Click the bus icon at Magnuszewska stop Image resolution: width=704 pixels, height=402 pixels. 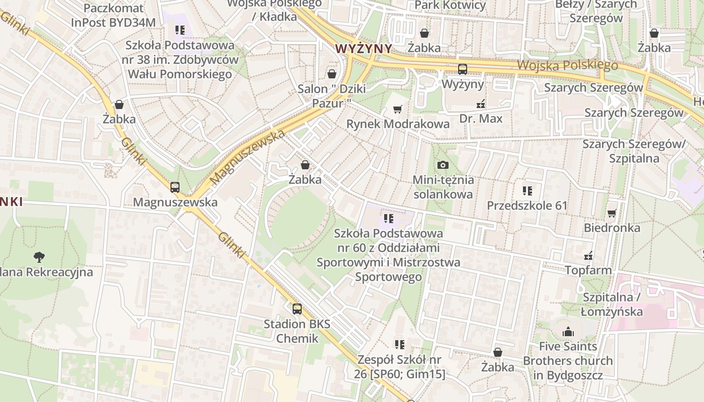tap(175, 187)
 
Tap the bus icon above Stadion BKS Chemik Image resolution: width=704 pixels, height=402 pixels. tap(297, 309)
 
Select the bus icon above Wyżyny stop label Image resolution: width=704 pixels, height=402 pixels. tap(462, 69)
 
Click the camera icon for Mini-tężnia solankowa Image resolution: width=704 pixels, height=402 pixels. tap(443, 165)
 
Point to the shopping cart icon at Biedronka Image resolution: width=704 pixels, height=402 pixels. tap(612, 213)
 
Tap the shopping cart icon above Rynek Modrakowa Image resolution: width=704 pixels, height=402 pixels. tap(398, 109)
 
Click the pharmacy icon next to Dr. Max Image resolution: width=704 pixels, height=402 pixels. tap(481, 104)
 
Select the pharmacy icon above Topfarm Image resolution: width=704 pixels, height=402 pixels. tap(588, 256)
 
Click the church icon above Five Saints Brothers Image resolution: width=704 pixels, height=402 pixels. tap(568, 332)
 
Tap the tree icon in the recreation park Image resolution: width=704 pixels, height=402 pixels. tap(39, 257)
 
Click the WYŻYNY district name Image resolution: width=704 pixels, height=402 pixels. tap(364, 49)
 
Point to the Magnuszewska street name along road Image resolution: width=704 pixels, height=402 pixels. tap(247, 156)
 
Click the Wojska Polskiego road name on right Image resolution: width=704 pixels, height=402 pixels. tap(567, 65)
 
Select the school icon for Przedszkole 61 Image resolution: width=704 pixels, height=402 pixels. tap(527, 191)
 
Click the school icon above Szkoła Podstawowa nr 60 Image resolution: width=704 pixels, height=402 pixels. tap(388, 219)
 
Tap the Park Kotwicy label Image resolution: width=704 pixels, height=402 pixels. tap(450, 6)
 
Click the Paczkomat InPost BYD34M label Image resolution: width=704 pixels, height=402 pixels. tap(113, 15)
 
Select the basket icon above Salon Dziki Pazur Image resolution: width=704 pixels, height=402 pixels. tap(331, 74)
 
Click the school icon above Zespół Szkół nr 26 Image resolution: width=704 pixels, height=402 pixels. tap(400, 345)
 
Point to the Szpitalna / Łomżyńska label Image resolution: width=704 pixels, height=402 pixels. tap(611, 304)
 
